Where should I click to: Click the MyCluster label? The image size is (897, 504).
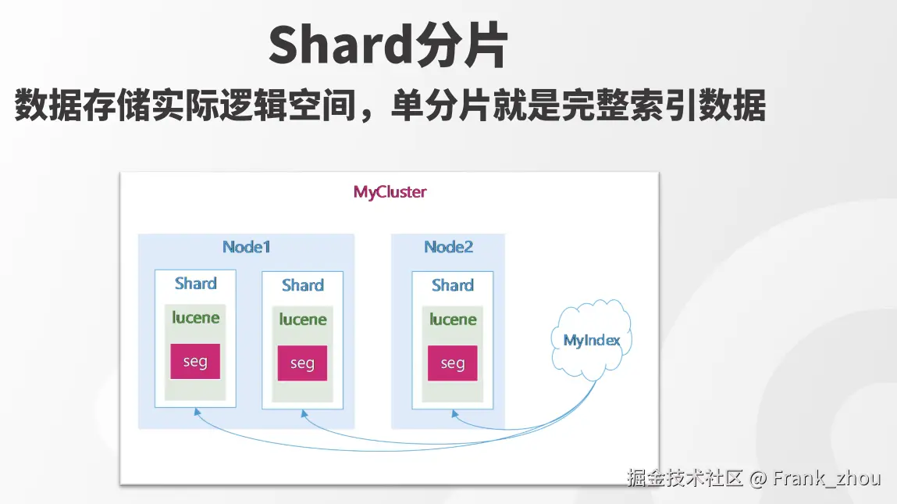pos(390,192)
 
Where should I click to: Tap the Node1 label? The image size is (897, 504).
pos(246,247)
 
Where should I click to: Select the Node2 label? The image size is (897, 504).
pos(448,247)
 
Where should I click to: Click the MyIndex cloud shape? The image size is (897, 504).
pos(592,340)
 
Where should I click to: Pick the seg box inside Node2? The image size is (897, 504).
pos(453,363)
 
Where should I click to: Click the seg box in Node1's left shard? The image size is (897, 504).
pos(195,361)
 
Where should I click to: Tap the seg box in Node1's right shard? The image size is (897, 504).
pos(302,363)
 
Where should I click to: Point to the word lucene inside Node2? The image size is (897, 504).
pos(453,319)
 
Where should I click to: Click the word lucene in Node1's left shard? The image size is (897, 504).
pos(196,317)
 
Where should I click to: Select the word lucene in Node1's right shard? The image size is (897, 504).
pos(303,319)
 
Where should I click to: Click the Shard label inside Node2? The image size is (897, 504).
pos(453,284)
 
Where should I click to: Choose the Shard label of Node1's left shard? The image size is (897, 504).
pos(196,283)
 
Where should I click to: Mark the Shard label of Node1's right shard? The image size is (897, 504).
pos(303,284)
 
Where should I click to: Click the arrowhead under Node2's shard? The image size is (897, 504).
pos(454,413)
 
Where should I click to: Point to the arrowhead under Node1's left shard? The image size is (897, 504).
pos(197,412)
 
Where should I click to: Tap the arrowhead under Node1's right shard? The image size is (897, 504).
pos(304,413)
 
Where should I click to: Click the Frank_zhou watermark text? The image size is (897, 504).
pos(826,478)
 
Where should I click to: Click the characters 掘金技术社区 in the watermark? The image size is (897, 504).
pos(685,478)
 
